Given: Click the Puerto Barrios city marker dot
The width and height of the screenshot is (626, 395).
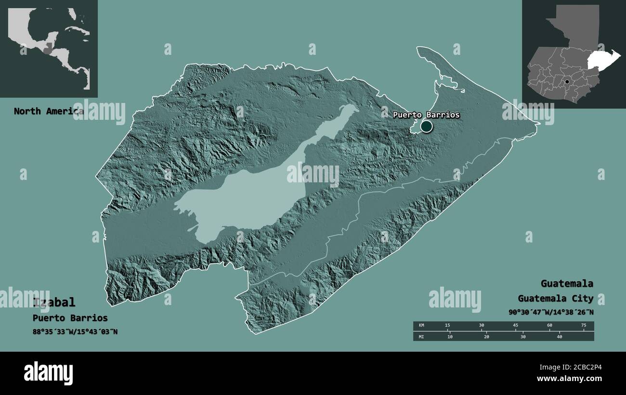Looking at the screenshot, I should point(426,127).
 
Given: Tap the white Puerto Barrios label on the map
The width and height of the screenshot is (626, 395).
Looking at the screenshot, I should point(426,115).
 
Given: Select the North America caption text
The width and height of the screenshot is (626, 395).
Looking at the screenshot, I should point(48,112).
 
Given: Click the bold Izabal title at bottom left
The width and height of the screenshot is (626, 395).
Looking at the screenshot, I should point(54,302).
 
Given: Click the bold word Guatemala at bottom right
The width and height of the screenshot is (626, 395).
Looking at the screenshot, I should point(566,283).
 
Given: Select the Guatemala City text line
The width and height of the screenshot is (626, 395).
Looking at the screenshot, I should point(555,298).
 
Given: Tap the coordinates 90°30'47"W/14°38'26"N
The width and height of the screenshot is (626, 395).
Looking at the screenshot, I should point(550,312).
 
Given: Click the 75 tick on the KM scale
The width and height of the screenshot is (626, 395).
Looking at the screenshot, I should point(584,326).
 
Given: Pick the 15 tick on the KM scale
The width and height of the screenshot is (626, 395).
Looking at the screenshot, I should point(447,326).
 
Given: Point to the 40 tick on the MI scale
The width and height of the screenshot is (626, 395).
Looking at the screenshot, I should point(560,336).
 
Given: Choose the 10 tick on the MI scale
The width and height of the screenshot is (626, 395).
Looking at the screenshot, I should point(450,336).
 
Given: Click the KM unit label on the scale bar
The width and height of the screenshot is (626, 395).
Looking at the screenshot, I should point(422,326).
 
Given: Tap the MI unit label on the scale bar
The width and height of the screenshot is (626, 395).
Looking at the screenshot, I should point(422,336).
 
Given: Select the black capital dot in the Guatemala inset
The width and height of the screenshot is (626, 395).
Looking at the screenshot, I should point(567,82).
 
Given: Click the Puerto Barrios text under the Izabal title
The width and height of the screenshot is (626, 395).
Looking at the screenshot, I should point(70,318).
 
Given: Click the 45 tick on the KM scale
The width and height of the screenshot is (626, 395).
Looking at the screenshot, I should point(515,326).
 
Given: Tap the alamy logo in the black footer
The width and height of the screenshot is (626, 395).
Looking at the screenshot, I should point(48,373).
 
